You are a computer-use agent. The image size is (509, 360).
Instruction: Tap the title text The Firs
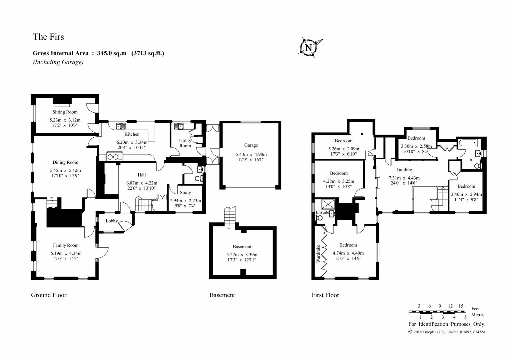[x=48, y=37]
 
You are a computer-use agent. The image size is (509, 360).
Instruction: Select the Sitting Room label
[x=65, y=112]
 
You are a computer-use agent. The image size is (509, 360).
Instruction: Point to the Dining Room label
[x=65, y=162]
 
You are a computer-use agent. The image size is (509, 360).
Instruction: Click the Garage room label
[x=251, y=145]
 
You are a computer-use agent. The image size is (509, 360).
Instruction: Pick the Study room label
[x=185, y=193]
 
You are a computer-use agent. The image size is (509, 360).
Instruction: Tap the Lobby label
[x=112, y=221]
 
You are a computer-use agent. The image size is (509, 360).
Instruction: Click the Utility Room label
[x=185, y=143]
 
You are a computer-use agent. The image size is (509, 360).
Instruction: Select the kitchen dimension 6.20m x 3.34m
[x=132, y=142]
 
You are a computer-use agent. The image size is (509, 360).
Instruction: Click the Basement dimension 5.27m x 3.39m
[x=242, y=255]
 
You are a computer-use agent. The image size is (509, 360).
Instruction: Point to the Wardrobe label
[x=318, y=254]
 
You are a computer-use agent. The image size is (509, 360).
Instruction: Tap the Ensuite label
[x=322, y=212]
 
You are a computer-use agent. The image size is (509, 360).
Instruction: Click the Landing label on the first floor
[x=404, y=170]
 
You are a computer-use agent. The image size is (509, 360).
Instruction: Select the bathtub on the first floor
[x=468, y=143]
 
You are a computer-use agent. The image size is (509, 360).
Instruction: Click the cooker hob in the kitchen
[x=113, y=157]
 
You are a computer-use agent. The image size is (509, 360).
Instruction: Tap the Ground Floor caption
[x=49, y=295]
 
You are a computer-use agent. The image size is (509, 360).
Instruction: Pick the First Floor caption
[x=325, y=295]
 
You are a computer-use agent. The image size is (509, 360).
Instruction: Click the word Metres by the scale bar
[x=478, y=315]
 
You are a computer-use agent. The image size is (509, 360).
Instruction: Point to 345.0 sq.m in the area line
[x=112, y=53]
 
